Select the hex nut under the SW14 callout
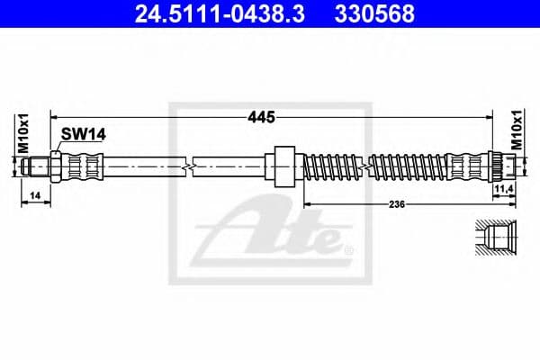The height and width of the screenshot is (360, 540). click(x=56, y=166)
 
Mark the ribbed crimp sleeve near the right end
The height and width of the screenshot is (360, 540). click(x=467, y=166)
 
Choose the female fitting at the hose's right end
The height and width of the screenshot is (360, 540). click(x=501, y=166)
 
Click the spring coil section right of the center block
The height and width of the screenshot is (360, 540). click(x=328, y=166)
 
